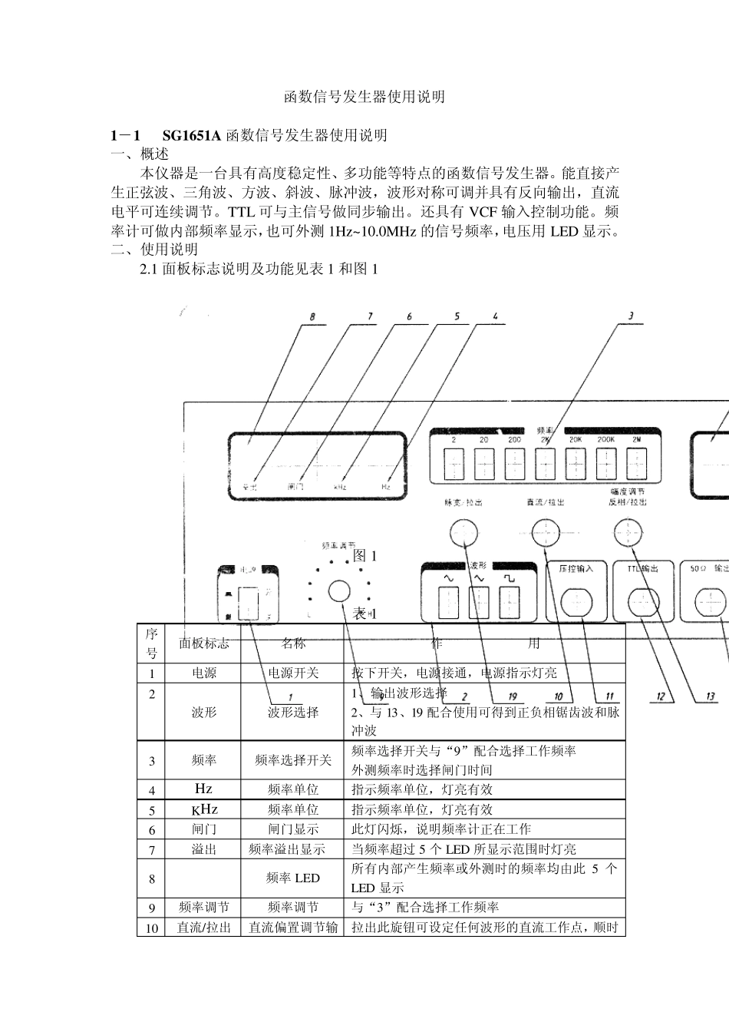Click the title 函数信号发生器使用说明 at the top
pyautogui.click(x=364, y=98)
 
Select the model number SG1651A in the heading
pyautogui.click(x=191, y=136)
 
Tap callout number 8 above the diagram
pyautogui.click(x=312, y=317)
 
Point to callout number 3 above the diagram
pyautogui.click(x=630, y=316)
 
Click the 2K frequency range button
pyautogui.click(x=545, y=463)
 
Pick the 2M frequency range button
pyautogui.click(x=636, y=463)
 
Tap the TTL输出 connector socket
pyautogui.click(x=642, y=604)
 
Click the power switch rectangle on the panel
pyautogui.click(x=248, y=603)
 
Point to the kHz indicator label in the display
pyautogui.click(x=340, y=487)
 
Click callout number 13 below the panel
pyautogui.click(x=711, y=696)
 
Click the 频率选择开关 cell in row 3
pyautogui.click(x=292, y=760)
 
